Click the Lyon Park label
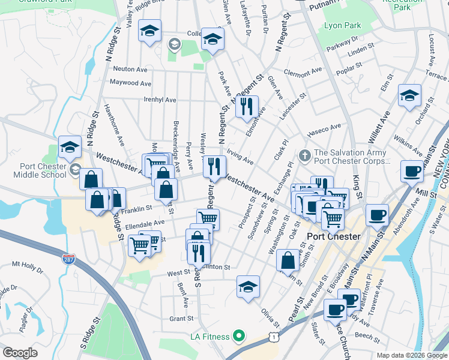[x=342, y=26]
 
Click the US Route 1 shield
[x=273, y=339]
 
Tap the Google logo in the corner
[x=20, y=353]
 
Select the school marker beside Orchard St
[x=410, y=95]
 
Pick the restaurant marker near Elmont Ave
[x=247, y=107]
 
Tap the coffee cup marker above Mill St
[x=412, y=170]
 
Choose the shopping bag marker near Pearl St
[x=288, y=260]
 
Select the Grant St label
[x=181, y=319]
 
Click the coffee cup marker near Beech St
[x=335, y=310]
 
